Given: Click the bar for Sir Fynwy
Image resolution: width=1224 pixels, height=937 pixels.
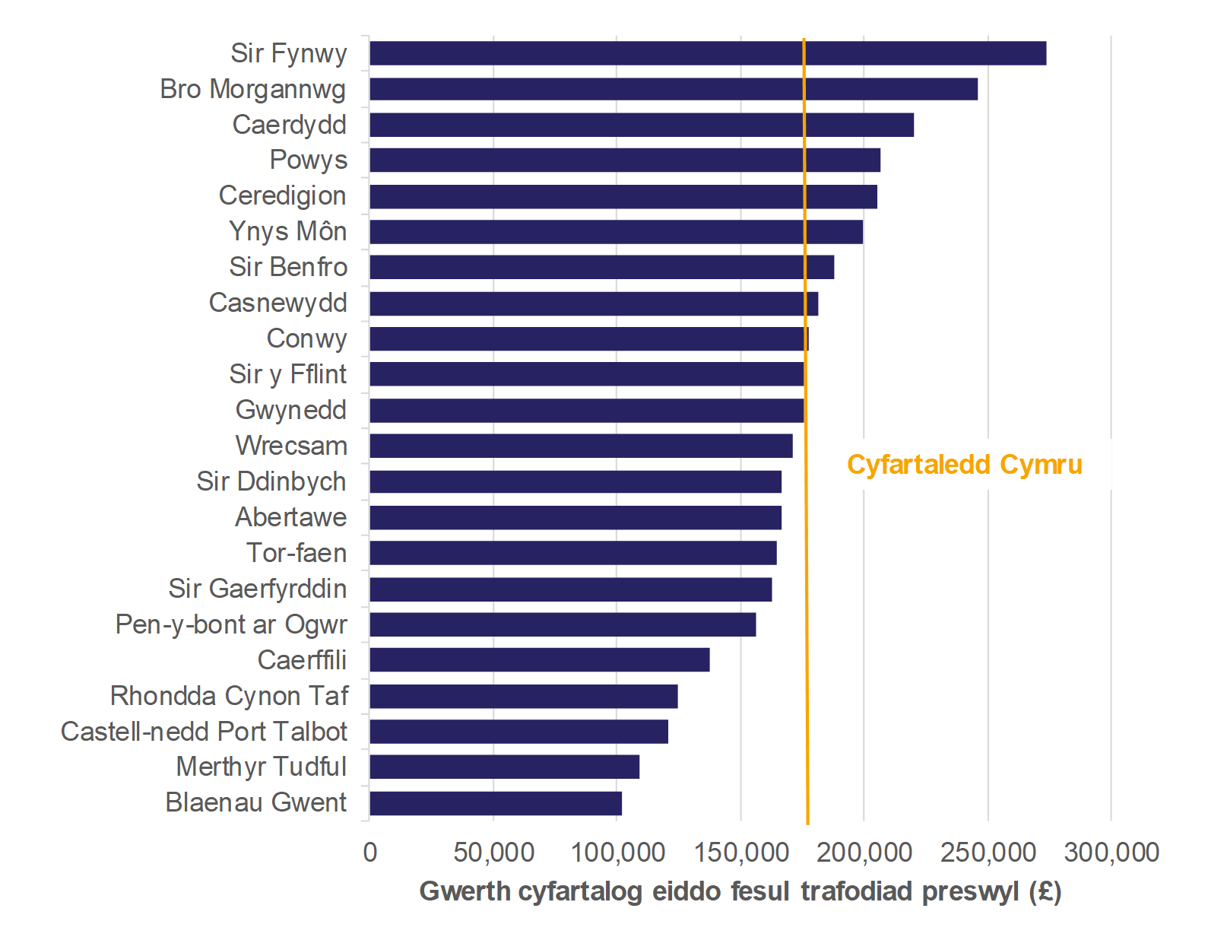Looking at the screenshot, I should point(707,53).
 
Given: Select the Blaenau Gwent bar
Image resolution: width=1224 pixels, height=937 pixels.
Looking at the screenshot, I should point(496,803).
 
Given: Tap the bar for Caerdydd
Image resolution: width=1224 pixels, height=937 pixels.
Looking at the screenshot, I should point(641,125).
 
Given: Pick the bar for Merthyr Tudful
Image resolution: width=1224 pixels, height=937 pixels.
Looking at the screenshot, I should point(504,767).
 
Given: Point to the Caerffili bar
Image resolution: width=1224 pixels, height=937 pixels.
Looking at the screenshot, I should point(539,660).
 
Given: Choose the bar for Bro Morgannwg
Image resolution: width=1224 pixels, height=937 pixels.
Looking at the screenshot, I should point(673,89).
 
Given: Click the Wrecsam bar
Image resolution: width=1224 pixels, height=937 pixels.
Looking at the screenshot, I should point(581,446).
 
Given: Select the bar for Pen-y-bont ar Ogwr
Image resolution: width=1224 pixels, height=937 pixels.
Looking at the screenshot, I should point(563,624).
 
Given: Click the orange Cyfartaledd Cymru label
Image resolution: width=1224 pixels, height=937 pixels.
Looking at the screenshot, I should point(964,465).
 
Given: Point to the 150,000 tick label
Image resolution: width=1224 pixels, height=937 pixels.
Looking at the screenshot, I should point(741,853).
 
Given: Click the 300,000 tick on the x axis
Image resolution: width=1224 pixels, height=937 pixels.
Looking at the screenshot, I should point(1111,853).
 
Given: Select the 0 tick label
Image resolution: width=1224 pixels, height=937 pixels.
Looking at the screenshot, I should point(370,853).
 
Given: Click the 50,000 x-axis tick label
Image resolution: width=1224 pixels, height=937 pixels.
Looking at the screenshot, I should point(493,853).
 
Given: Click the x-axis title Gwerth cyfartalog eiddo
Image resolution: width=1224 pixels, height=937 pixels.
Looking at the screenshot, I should point(740,891).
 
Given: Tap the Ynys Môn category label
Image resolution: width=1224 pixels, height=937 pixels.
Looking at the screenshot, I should point(287,231).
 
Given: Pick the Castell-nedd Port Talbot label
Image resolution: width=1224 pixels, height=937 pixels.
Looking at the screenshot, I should point(204,732).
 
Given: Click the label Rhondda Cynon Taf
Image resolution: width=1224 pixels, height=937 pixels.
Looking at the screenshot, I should point(229,696).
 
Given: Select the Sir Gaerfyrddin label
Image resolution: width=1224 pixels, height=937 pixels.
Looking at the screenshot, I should point(257,589).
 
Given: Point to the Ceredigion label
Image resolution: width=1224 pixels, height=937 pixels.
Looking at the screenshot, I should point(282,195).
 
